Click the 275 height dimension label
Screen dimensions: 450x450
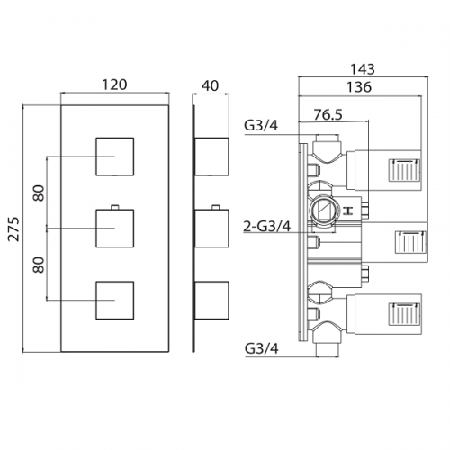(13, 229)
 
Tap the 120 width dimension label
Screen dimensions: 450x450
(114, 85)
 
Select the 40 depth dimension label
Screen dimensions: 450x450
(210, 85)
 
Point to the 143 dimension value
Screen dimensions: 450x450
(363, 69)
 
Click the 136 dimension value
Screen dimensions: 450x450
(359, 87)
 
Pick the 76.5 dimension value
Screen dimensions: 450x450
(328, 114)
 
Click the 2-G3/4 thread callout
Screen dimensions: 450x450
(267, 227)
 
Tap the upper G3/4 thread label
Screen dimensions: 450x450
(261, 126)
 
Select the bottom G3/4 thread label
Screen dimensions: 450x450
(262, 348)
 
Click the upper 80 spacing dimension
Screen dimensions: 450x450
(39, 193)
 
